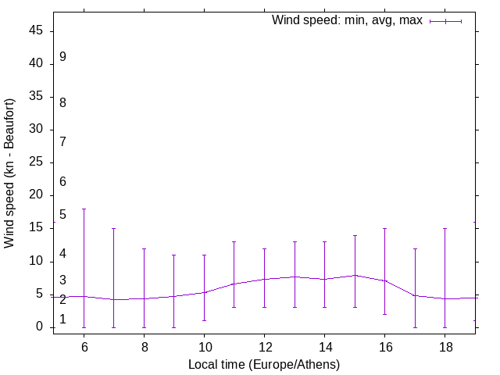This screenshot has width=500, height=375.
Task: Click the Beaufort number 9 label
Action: pyautogui.click(x=62, y=57)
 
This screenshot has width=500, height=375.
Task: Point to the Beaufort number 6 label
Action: pyautogui.click(x=62, y=182)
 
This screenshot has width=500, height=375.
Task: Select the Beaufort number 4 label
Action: pyautogui.click(x=62, y=255)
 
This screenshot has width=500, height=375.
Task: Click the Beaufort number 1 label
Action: pyautogui.click(x=62, y=320)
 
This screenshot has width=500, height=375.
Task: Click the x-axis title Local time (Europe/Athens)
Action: pyautogui.click(x=264, y=364)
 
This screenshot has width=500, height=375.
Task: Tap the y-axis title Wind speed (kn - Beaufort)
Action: pyautogui.click(x=10, y=173)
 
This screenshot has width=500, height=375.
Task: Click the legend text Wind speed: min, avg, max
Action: pyautogui.click(x=347, y=20)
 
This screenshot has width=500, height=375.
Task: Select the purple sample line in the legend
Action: pyautogui.click(x=446, y=21)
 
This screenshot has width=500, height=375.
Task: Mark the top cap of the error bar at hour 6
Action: pyautogui.click(x=84, y=209)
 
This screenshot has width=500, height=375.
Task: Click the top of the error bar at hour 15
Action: pyautogui.click(x=355, y=236)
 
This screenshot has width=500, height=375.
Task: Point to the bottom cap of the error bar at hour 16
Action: pyautogui.click(x=384, y=314)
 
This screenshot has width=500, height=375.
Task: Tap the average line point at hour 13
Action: pyautogui.click(x=295, y=277)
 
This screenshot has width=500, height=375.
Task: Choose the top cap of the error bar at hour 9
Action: pyautogui.click(x=174, y=255)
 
